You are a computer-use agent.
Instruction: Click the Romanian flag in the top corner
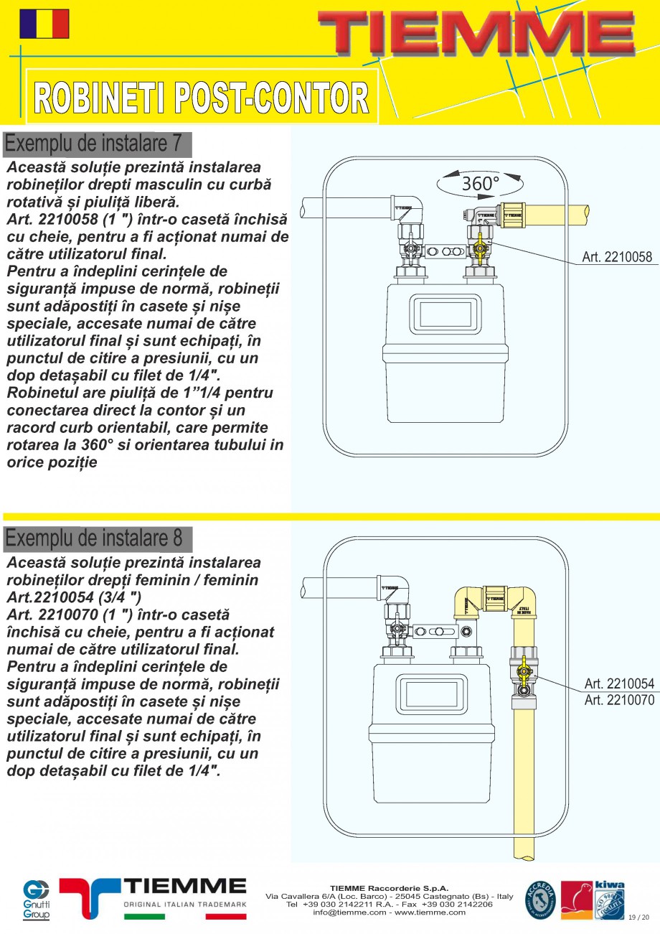44,24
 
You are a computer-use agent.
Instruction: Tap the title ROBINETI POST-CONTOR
202,98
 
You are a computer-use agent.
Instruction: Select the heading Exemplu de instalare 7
93,144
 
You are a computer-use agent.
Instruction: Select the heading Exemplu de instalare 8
93,538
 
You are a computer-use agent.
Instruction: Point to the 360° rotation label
480,184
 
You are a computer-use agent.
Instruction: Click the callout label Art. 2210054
619,683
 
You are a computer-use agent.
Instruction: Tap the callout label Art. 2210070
619,699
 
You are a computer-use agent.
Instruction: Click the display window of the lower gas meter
428,696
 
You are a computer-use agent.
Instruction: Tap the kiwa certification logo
609,900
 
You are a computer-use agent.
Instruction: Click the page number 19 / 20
638,917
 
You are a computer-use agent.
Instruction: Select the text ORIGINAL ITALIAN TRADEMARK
185,905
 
